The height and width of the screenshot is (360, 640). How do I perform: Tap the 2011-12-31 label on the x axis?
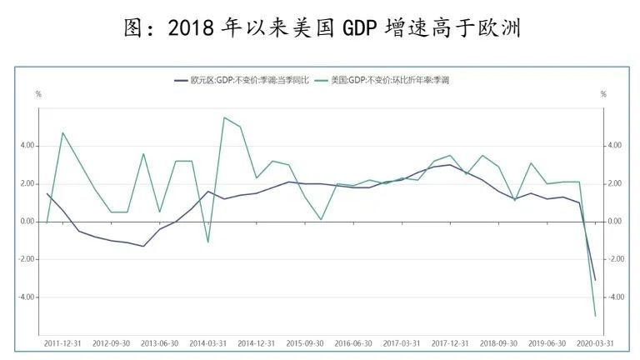coord(63,342)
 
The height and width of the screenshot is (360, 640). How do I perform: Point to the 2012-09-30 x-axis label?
coord(112,342)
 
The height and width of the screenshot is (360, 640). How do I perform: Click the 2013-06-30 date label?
coord(160,342)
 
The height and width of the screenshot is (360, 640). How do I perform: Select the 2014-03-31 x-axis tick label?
coord(208,342)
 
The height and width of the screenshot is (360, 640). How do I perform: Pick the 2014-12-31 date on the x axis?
coord(257,342)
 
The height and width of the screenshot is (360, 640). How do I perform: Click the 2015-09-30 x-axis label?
coord(305,342)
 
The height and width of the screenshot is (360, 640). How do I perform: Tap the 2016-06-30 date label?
coord(353,342)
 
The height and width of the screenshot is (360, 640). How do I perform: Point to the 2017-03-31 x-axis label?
coord(402,342)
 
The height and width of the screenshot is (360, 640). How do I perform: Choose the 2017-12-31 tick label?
coord(450,342)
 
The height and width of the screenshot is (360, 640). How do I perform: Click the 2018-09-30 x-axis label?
coord(498,342)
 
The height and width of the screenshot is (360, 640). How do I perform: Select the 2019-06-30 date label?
coord(547,342)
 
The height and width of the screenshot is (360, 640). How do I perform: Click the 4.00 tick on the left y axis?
coord(27,146)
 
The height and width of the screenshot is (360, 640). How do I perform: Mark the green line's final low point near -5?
coord(595,316)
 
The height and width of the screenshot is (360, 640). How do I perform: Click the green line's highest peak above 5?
coord(225,117)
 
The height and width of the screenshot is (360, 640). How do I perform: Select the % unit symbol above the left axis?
coord(38,94)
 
